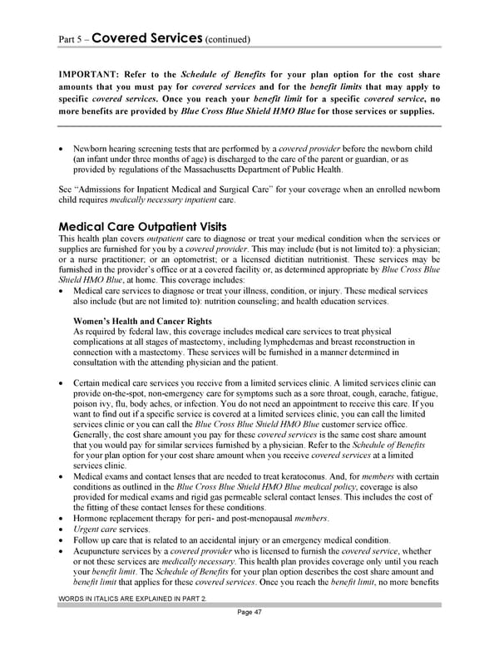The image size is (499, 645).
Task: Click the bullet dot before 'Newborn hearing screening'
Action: (62, 147)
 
